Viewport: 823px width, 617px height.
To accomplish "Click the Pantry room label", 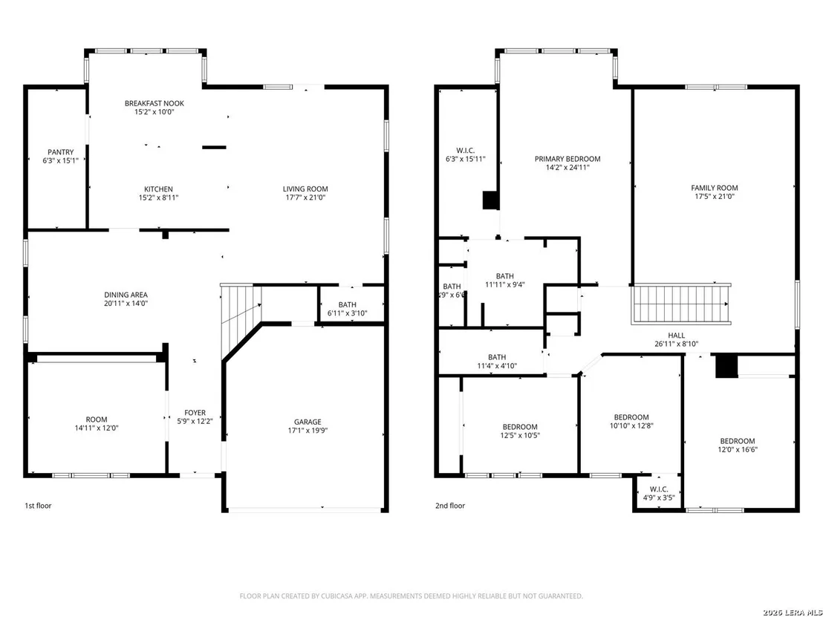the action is pos(61,152).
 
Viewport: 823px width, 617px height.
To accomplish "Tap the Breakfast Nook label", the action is pos(154,103).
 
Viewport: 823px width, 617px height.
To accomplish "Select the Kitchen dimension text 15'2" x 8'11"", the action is pos(158,197).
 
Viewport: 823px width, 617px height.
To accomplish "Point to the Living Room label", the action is pos(305,189).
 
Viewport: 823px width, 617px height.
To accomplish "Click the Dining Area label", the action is pos(126,295).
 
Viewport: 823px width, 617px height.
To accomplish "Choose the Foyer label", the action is pos(195,412).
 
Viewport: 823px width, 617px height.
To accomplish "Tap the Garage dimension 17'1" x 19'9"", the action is pos(308,430).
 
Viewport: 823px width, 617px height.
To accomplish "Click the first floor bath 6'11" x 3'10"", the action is pos(348,309).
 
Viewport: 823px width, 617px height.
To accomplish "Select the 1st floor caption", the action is pos(39,506).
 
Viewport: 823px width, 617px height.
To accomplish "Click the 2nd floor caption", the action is pos(450,506).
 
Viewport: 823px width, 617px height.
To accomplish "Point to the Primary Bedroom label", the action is pos(567,159).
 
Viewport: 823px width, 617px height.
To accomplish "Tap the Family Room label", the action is pos(715,188).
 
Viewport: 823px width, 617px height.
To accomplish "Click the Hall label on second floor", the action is pos(677,336).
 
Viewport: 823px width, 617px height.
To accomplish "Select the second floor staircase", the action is pos(681,304).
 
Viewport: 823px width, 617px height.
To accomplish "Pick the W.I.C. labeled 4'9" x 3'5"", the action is pos(659,494).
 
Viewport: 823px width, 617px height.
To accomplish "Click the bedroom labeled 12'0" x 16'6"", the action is pos(738,445).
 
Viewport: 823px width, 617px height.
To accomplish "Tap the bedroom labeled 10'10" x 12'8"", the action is pos(631,421).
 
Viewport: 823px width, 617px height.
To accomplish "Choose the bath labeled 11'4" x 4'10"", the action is pos(497,362).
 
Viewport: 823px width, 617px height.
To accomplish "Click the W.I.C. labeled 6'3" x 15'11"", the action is pos(466,154).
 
